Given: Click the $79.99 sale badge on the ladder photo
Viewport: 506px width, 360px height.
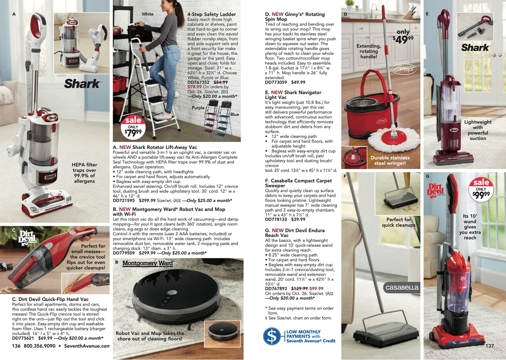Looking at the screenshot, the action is click(x=133, y=127).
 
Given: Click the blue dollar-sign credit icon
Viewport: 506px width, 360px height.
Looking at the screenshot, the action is click(x=272, y=336).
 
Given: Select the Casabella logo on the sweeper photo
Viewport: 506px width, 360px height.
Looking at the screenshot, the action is click(x=401, y=288).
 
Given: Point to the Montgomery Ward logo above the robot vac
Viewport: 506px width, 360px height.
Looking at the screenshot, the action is click(x=148, y=263).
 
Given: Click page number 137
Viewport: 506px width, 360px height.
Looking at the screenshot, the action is click(x=489, y=346).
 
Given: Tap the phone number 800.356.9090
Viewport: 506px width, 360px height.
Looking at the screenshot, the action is click(x=39, y=346).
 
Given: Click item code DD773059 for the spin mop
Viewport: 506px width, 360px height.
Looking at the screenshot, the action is click(x=276, y=82).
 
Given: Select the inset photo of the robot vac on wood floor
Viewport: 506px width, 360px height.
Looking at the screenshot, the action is click(x=222, y=334).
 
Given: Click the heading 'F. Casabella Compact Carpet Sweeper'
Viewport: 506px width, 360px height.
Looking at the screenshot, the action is click(x=298, y=183).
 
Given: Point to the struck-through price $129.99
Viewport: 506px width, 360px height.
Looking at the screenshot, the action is click(x=300, y=289).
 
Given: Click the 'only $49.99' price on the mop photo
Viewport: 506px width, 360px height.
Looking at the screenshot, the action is click(x=403, y=36).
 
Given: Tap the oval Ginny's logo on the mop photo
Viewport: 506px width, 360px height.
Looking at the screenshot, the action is click(x=404, y=69).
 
